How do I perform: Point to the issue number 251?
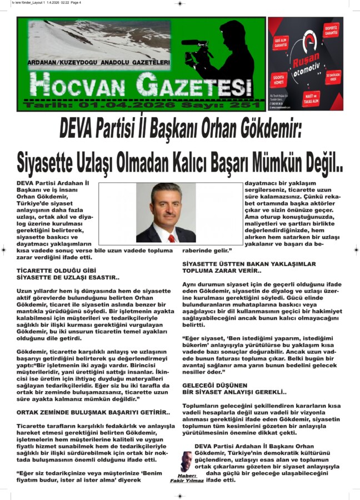coord(246,105)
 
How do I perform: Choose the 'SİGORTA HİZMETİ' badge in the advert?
coord(280,78)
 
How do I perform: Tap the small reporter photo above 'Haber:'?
coord(186,461)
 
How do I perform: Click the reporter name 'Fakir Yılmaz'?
coord(187,481)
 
